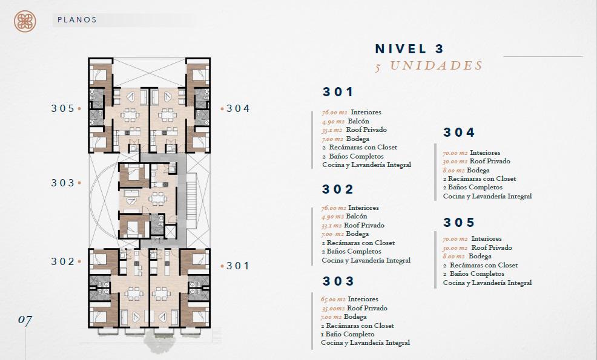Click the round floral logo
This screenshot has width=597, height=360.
pos(25,21)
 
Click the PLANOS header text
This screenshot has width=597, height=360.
pos(78,20)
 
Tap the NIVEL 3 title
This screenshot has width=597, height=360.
pos(410,49)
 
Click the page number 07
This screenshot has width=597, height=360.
pos(25,320)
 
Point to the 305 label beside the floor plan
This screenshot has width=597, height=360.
pos(63,108)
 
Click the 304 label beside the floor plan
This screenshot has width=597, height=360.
pos(239,108)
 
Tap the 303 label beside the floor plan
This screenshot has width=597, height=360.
pos(63,183)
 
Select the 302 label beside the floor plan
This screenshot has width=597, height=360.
pos(63,261)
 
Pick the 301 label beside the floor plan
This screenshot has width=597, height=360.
pos(238,266)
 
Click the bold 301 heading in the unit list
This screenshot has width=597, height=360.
pos(338,92)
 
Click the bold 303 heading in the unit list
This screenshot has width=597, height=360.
pos(338,281)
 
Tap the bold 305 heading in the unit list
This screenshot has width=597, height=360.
pos(459,222)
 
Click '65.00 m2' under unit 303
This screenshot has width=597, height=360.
pos(333,299)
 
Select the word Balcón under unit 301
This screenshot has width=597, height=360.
pos(358,121)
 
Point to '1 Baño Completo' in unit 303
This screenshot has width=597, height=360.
pos(348,334)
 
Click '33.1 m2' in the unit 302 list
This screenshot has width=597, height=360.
pos(331,226)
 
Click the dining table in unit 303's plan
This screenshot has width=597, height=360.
pos(156,198)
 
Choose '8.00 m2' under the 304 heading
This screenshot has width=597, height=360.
pos(454,171)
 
